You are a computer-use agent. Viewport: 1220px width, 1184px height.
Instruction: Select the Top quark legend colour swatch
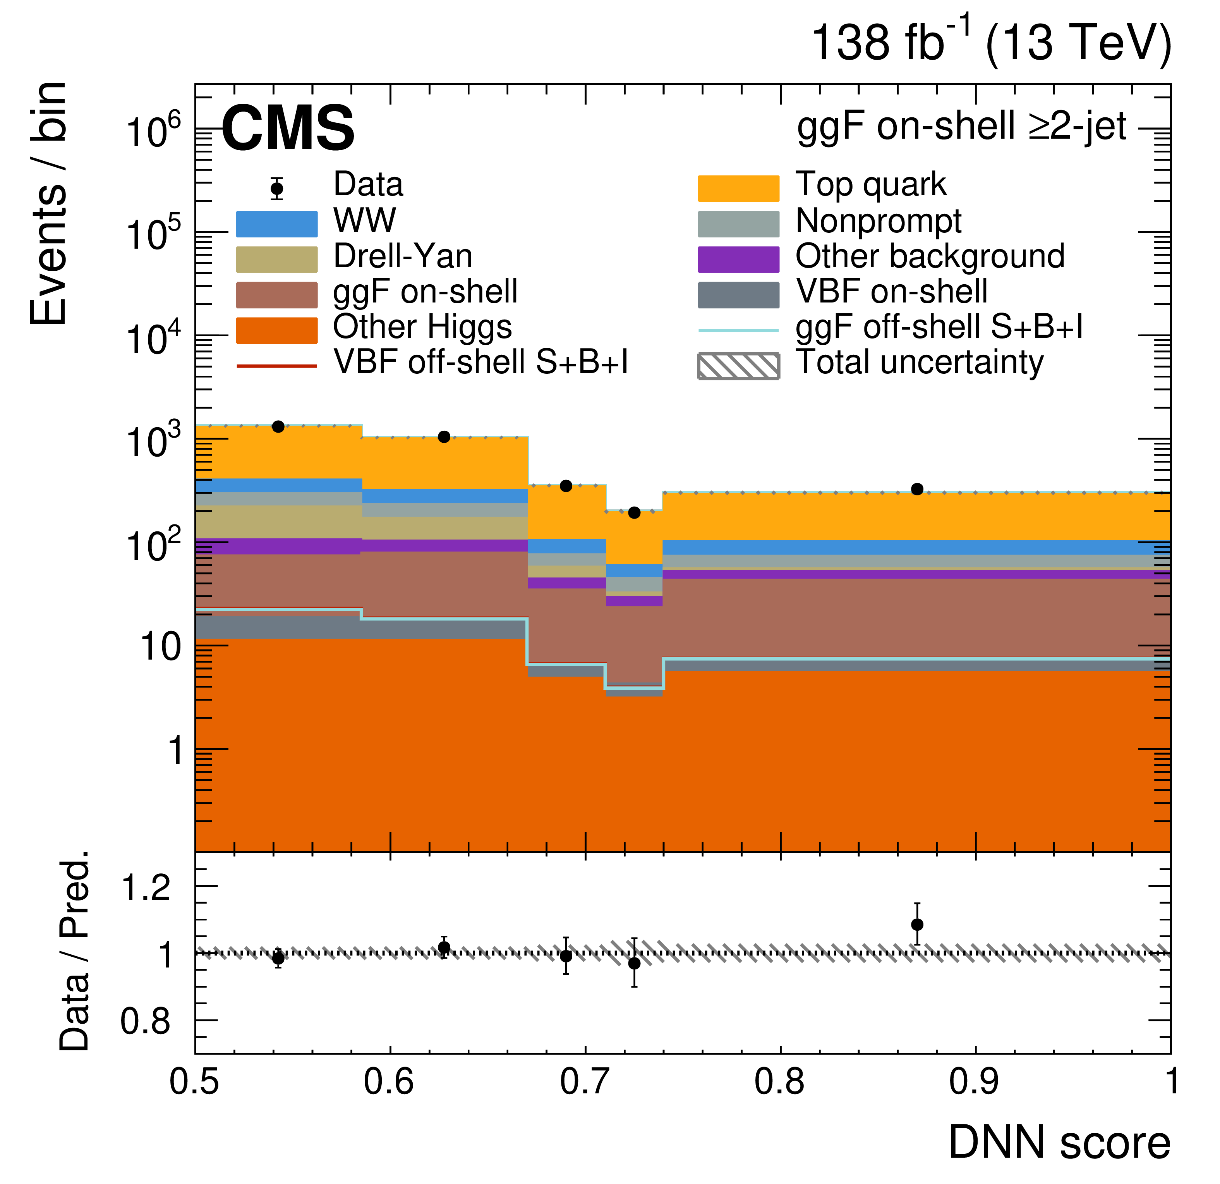pyautogui.click(x=738, y=188)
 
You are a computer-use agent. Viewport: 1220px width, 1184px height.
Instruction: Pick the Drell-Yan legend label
pyautogui.click(x=403, y=256)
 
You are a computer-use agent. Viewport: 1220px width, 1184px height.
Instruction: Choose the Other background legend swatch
pyautogui.click(x=738, y=259)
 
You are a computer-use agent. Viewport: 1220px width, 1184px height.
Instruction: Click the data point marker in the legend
pyautogui.click(x=277, y=188)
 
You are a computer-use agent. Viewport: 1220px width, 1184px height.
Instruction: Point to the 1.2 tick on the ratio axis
pyautogui.click(x=146, y=887)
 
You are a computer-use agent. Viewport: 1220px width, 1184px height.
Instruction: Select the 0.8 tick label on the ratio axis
pyautogui.click(x=146, y=1022)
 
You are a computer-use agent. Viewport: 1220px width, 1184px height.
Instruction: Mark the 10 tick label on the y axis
pyautogui.click(x=161, y=648)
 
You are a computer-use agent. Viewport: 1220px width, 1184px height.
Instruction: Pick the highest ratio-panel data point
pyautogui.click(x=917, y=925)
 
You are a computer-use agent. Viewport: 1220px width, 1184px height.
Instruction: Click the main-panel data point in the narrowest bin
pyautogui.click(x=634, y=512)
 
